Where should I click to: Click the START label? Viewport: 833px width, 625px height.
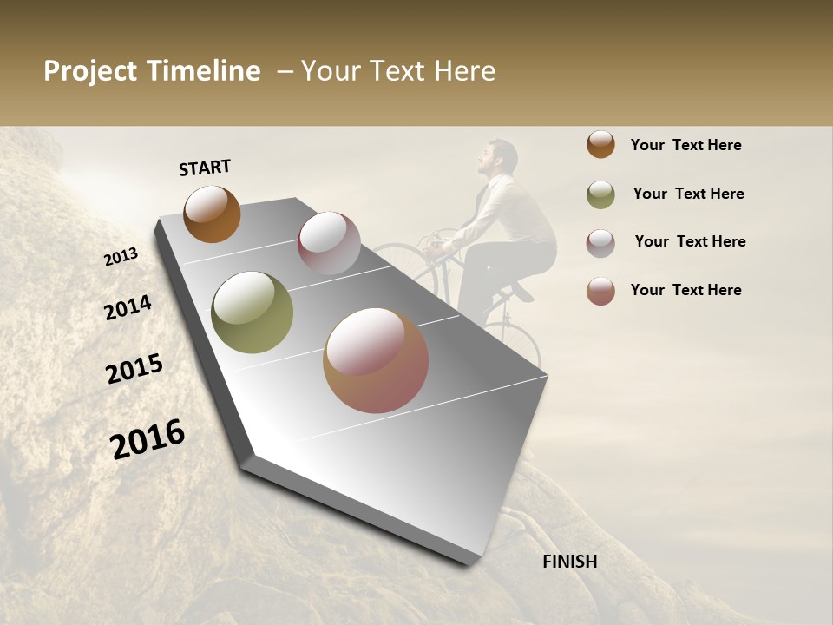pyautogui.click(x=205, y=168)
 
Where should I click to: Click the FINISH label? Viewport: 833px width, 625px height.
pyautogui.click(x=570, y=562)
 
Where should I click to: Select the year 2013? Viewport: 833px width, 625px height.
pyautogui.click(x=121, y=257)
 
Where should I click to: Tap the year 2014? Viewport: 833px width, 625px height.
pyautogui.click(x=128, y=307)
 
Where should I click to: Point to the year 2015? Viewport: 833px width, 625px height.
pyautogui.click(x=134, y=369)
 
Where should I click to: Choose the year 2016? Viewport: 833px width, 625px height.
pyautogui.click(x=148, y=438)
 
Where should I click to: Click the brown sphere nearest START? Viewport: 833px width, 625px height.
pyautogui.click(x=212, y=214)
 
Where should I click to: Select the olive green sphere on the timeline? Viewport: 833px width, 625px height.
pyautogui.click(x=253, y=312)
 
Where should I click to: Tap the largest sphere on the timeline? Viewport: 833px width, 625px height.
pyautogui.click(x=376, y=360)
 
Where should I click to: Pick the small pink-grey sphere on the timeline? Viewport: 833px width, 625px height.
pyautogui.click(x=329, y=243)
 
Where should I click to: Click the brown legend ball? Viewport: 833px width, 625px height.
pyautogui.click(x=600, y=144)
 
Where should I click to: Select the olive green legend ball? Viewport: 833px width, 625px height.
pyautogui.click(x=600, y=194)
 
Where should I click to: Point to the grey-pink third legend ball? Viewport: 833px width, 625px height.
pyautogui.click(x=600, y=242)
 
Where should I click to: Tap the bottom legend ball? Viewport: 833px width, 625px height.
pyautogui.click(x=600, y=291)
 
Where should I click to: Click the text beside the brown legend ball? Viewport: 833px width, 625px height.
pyautogui.click(x=685, y=145)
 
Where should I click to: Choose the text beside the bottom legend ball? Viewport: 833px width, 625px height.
pyautogui.click(x=685, y=290)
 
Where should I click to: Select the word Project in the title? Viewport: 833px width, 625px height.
pyautogui.click(x=89, y=71)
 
